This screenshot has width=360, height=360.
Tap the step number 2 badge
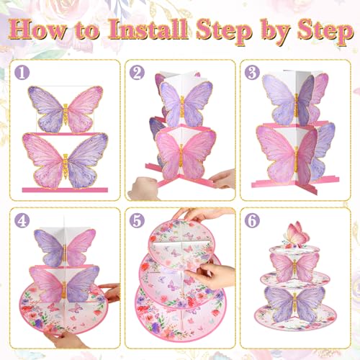pyautogui.click(x=136, y=72)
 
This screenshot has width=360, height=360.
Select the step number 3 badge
pyautogui.click(x=252, y=72)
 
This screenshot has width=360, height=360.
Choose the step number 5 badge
pyautogui.click(x=136, y=218)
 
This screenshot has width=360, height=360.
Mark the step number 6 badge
pyautogui.click(x=252, y=218)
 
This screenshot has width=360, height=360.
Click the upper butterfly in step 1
pyautogui.click(x=64, y=109)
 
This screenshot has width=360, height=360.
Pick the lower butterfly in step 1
pyautogui.click(x=64, y=160)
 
